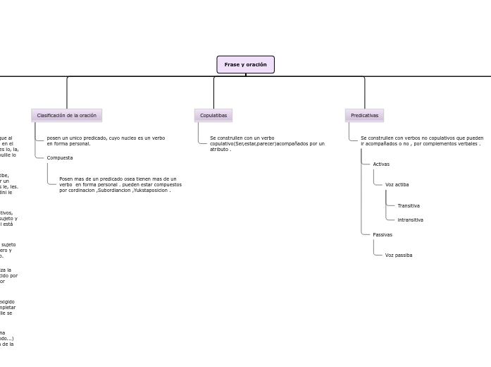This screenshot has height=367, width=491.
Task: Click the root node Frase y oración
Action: [245, 65]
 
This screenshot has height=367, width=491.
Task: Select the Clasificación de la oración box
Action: [66, 115]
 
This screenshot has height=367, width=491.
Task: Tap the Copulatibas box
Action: [213, 115]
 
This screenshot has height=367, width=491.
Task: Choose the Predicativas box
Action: [364, 115]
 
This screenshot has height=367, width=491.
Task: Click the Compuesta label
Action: [60, 157]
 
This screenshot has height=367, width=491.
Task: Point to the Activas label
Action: [381, 164]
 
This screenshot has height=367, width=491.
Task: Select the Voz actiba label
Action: [397, 184]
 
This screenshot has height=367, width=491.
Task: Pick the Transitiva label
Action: [409, 205]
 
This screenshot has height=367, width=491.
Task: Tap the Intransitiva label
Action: [410, 219]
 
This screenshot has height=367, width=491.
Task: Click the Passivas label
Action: [383, 234]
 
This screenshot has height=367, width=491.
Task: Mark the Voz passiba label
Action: [399, 255]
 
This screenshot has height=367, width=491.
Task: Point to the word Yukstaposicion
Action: [150, 190]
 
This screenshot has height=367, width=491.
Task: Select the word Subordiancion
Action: [113, 190]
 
